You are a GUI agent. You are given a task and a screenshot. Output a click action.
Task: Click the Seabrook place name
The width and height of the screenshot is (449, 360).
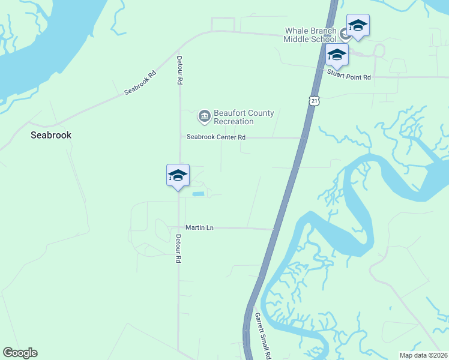(51, 136)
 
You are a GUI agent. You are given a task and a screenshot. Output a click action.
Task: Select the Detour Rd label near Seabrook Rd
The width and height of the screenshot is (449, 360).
(179, 70)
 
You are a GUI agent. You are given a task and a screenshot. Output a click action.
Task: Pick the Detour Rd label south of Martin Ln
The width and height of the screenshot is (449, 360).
(178, 249)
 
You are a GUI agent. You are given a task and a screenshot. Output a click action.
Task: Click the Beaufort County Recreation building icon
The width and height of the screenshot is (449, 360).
(204, 115)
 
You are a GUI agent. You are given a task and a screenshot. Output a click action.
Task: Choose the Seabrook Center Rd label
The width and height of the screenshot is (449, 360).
(216, 137)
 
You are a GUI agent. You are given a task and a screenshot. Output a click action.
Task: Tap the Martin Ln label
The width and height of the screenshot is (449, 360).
(199, 227)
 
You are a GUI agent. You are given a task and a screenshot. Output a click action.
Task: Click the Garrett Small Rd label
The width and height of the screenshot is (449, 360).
(261, 335)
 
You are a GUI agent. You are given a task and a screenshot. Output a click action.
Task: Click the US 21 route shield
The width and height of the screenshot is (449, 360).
(315, 101)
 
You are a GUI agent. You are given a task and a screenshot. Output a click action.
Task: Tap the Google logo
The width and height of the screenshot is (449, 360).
(20, 353)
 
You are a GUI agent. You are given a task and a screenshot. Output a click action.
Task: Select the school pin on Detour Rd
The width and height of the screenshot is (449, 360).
(178, 176)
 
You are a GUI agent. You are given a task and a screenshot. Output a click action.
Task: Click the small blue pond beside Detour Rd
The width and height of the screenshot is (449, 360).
(197, 194)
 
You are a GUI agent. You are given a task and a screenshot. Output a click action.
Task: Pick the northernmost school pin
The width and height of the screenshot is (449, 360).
(358, 26)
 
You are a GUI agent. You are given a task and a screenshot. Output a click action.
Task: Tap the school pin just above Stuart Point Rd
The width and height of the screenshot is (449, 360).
(337, 56)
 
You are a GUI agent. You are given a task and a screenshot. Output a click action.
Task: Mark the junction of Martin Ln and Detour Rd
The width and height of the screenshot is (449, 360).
(179, 227)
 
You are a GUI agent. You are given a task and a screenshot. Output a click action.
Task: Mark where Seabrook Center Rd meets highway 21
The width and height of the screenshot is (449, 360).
(301, 137)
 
